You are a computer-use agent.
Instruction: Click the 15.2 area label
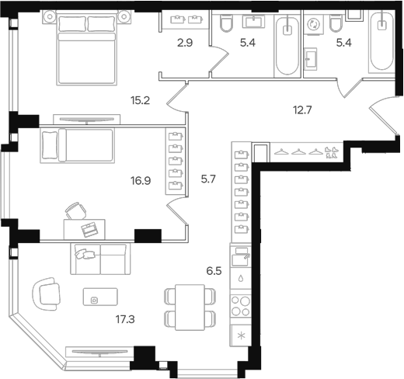141,99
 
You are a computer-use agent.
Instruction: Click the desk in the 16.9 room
89,228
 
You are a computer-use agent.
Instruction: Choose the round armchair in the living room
48,293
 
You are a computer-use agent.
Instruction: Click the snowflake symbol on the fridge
240,336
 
